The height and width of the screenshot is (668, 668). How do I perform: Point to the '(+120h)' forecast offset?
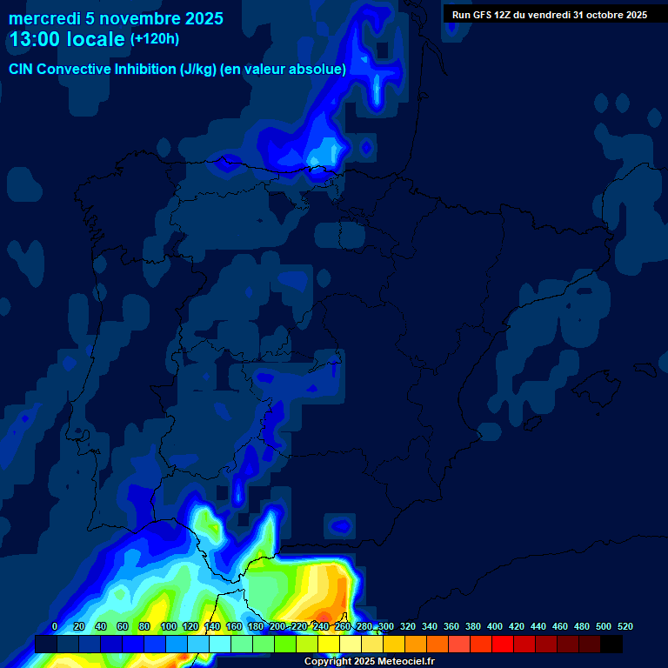point(155,39)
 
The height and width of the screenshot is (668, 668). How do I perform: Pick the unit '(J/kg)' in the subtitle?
point(197,69)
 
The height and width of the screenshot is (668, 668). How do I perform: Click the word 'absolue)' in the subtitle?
point(321,69)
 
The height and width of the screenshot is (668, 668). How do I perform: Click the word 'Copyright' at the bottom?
point(328,661)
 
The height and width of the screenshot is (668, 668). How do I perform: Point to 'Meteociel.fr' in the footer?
point(406,661)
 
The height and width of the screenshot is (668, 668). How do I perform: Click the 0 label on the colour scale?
point(55,626)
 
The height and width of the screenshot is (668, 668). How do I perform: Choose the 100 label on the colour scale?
point(169,626)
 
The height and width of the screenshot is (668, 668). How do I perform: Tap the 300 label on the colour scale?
point(386,626)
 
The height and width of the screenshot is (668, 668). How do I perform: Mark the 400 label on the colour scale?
point(495,626)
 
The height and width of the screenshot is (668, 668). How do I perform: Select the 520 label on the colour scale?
point(625,626)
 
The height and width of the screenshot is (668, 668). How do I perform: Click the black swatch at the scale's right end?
point(611,645)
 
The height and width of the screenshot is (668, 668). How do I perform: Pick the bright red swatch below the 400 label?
point(503,645)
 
